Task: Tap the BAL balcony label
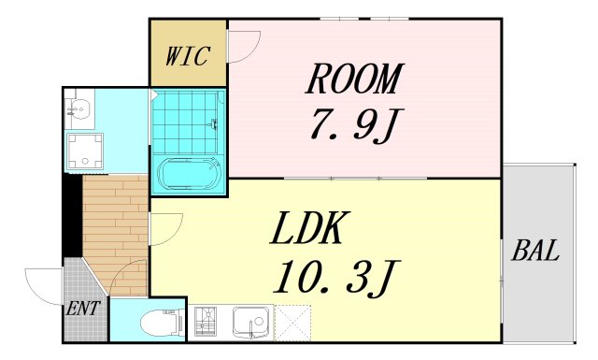coord(535,251)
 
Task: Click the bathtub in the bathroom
coord(190,174)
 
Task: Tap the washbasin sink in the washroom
coord(78,110)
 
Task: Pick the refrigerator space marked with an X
coord(292,323)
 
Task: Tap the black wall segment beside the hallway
coord(71,215)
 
